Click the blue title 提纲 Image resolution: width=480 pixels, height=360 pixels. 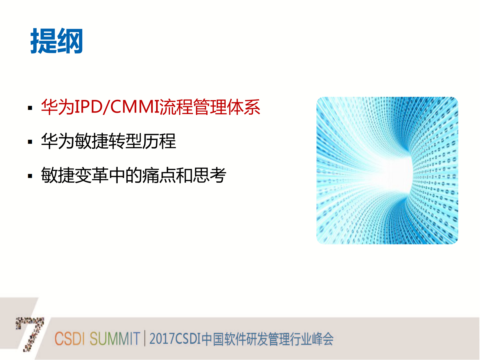pos(57,41)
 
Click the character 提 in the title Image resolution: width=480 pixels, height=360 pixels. pos(43,41)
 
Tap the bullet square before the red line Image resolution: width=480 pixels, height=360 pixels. pos(30,108)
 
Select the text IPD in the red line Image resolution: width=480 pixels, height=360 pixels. pos(88,107)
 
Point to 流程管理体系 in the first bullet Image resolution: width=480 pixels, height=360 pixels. pos(210,107)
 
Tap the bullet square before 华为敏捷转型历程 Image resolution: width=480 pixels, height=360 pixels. pos(30,142)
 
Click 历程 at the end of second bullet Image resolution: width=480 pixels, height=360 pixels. pos(159,141)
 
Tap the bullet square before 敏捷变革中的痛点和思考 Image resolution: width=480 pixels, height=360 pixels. pos(30,176)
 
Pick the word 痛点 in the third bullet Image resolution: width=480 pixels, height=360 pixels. pos(159,175)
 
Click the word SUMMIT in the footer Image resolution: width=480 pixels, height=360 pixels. pos(115,339)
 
